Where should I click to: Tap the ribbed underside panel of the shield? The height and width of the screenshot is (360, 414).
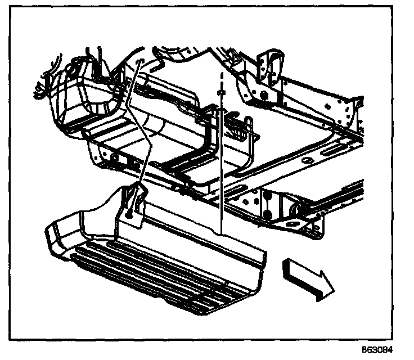[163, 276]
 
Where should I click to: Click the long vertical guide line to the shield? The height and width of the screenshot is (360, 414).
[223, 169]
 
